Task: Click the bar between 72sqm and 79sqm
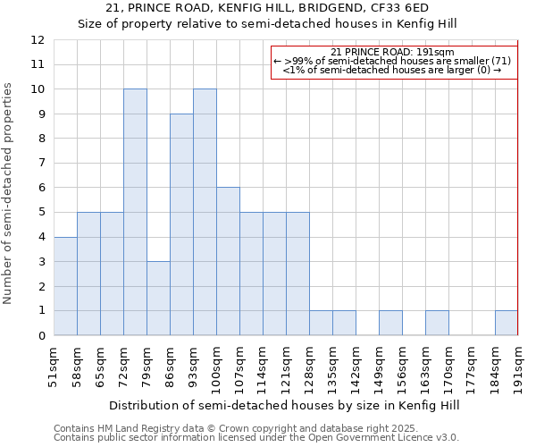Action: click(135, 212)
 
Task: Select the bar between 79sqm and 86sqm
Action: click(158, 298)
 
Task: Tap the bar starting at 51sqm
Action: click(65, 286)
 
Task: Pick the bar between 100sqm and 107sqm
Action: click(228, 261)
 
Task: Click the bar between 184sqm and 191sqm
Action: click(507, 323)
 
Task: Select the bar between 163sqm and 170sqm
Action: click(437, 323)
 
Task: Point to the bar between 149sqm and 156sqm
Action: click(390, 323)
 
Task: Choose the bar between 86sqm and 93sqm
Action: click(181, 224)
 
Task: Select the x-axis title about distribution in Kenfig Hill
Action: click(286, 405)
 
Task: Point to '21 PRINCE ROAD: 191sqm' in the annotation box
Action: click(393, 52)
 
